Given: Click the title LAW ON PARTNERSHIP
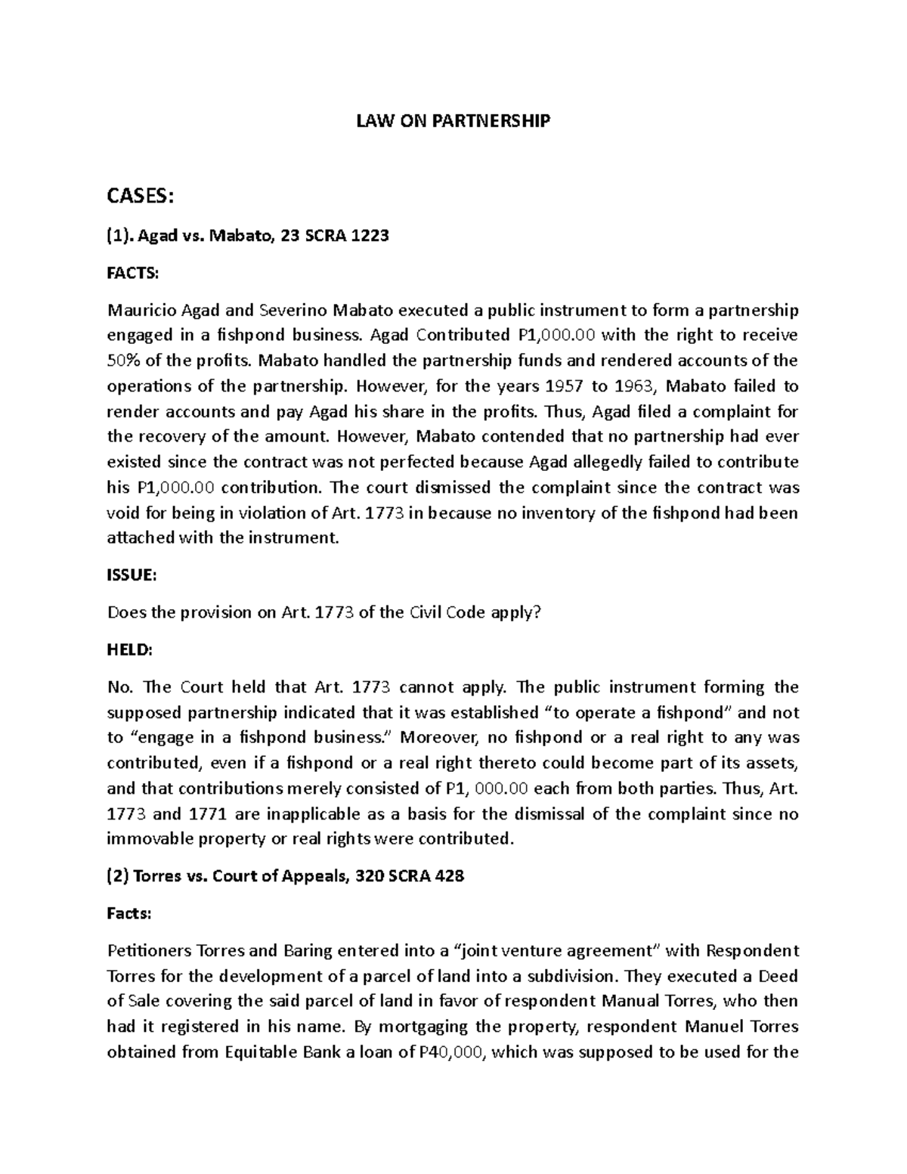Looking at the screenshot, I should coord(453,121).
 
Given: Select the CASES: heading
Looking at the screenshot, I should coord(141,197).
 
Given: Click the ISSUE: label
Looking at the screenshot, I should coord(132,575).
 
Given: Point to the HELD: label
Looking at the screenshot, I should coord(129,650).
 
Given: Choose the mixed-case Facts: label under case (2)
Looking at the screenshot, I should coord(129,914).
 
